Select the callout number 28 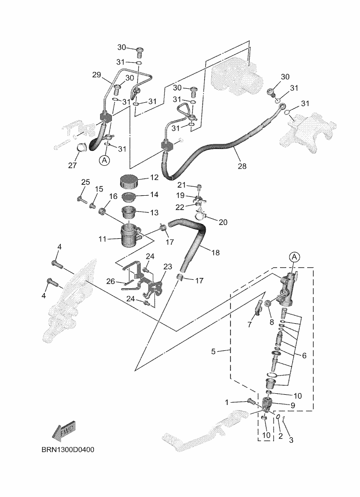(242, 165)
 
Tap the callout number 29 (96, 75)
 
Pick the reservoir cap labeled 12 (129, 180)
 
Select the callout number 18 (215, 253)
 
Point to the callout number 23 (167, 267)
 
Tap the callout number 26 (111, 281)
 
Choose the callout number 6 (304, 355)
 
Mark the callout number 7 (249, 324)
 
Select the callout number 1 (227, 401)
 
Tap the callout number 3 (291, 440)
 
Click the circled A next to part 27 (104, 160)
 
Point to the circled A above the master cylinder (294, 256)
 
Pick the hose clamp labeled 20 (201, 216)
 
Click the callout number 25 (85, 182)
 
